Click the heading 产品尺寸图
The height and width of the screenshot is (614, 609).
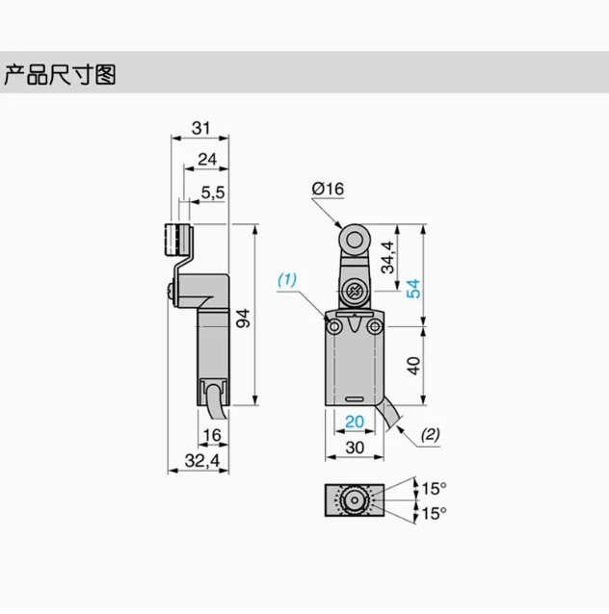60,74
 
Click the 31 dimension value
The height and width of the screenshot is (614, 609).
200,128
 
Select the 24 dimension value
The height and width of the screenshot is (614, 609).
207,160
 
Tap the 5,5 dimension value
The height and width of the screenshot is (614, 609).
213,192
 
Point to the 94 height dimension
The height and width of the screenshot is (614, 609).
243,318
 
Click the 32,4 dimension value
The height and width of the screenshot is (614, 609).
202,460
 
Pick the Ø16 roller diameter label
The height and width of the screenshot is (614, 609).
328,189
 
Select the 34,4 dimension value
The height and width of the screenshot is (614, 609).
387,257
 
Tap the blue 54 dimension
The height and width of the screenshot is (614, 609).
413,289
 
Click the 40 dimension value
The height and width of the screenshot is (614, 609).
413,366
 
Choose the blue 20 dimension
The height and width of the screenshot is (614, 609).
355,422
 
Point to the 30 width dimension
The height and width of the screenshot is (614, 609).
355,448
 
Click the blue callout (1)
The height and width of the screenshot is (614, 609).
287,280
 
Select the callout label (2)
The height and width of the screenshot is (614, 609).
430,434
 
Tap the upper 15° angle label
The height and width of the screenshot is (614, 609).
434,488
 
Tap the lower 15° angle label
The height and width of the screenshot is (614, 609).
434,513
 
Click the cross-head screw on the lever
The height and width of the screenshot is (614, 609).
354,292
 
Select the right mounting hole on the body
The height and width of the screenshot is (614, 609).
375,326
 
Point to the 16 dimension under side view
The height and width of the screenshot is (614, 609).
212,435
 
